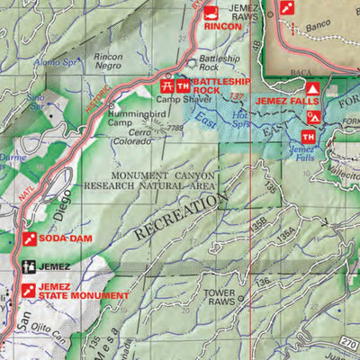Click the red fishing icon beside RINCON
tap(211, 13)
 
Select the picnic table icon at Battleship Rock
tap(166, 85)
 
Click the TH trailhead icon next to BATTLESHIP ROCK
tap(184, 85)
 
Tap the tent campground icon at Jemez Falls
tap(312, 90)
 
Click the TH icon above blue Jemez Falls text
tap(307, 136)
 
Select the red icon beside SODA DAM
tap(29, 238)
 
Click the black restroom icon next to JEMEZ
tap(29, 267)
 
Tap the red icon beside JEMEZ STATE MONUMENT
tap(29, 290)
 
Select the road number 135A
tap(286, 236)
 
